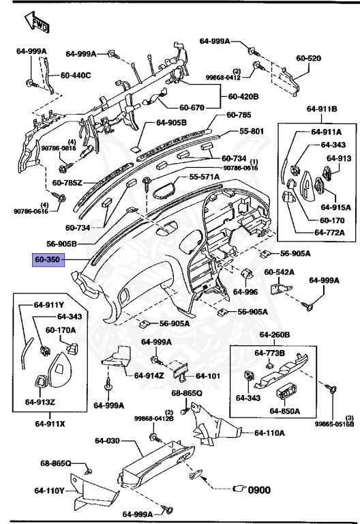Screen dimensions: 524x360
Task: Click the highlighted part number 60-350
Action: [48, 260]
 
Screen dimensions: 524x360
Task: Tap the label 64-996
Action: [245, 291]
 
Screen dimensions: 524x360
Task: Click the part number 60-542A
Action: [280, 272]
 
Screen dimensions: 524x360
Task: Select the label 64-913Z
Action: [40, 402]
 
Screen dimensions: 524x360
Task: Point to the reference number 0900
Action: [260, 489]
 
